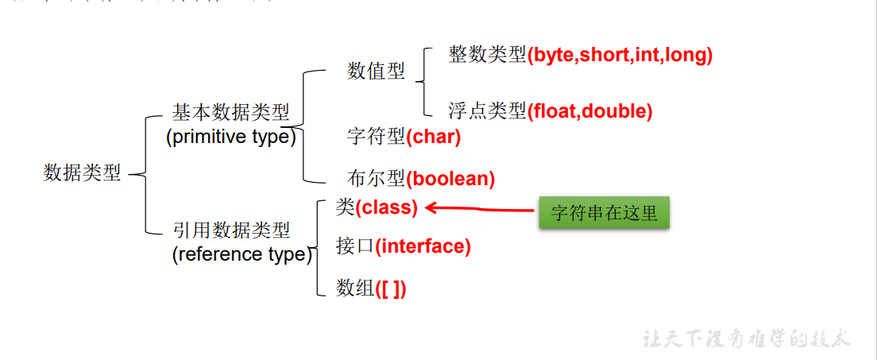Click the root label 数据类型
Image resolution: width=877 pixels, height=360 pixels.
coord(82,173)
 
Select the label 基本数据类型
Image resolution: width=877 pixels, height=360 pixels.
coord(230,112)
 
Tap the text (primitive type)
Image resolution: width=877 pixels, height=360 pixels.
coord(230,137)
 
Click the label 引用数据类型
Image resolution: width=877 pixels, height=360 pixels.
coord(231,230)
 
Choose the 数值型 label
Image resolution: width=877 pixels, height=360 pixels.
coord(376,72)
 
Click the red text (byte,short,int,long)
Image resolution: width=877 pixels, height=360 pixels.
coord(620,55)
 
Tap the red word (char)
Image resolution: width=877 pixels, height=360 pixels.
coord(433,137)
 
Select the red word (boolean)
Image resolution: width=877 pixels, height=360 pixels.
coord(450,179)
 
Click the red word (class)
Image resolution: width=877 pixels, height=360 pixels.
coord(386,207)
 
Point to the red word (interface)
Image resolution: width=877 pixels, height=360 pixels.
coord(423,246)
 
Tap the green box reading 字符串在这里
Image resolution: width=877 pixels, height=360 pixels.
coord(604,213)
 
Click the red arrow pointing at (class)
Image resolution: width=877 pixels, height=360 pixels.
coord(481,209)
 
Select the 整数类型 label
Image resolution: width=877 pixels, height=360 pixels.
coord(487,55)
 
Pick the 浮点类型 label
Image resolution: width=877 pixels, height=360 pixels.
coord(487,111)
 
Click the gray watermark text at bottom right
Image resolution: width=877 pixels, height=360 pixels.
coord(746,339)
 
